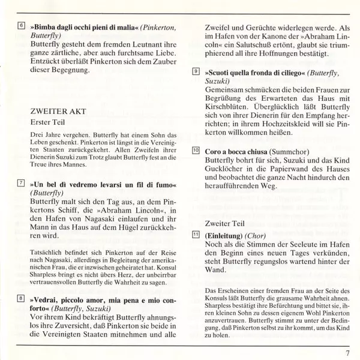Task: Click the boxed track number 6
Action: (22, 27)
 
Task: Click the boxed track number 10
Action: (196, 152)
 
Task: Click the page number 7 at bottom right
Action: (347, 352)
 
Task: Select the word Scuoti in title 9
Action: (221, 71)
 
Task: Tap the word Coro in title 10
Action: (215, 152)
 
